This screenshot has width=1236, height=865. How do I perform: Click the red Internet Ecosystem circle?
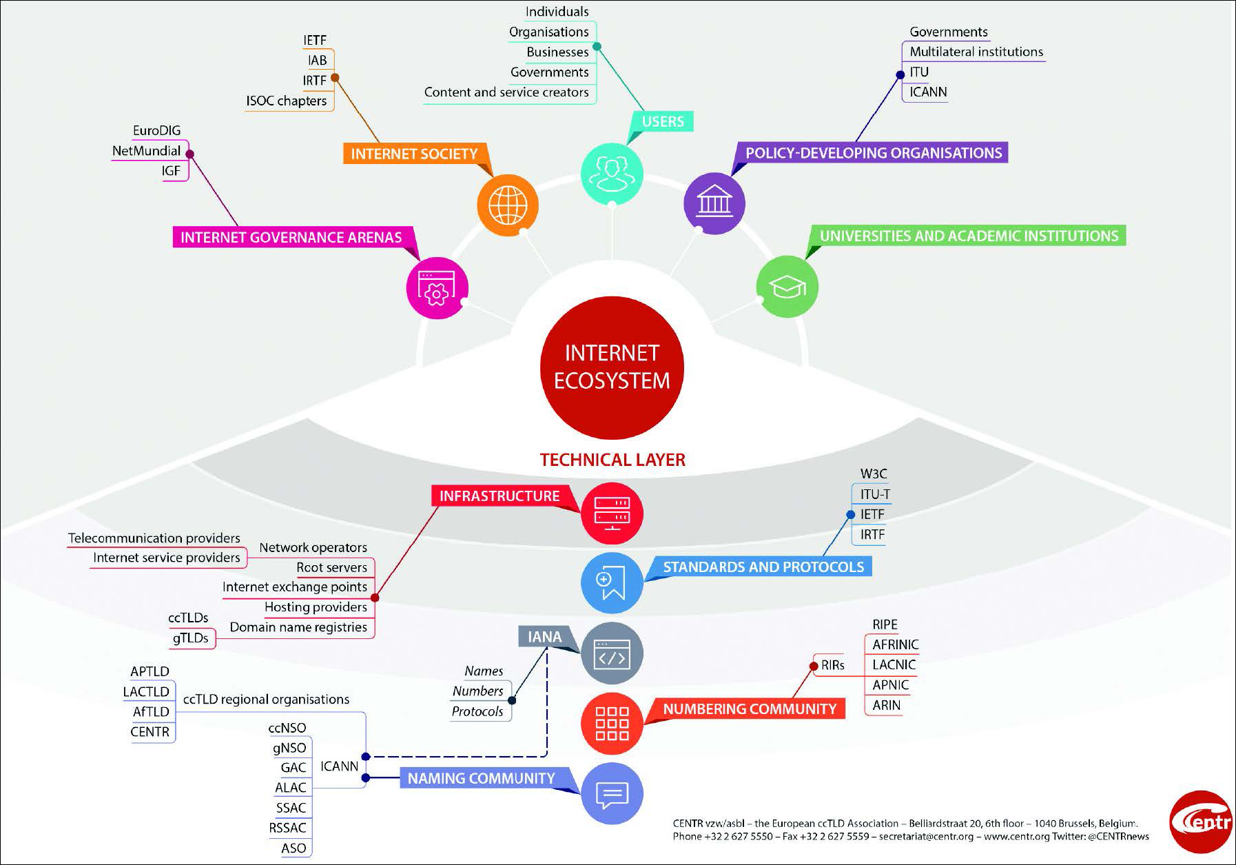pyautogui.click(x=612, y=367)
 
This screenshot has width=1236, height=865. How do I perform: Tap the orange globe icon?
pyautogui.click(x=508, y=205)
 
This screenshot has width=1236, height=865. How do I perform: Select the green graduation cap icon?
pyautogui.click(x=787, y=287)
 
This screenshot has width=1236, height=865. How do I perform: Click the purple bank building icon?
pyautogui.click(x=714, y=203)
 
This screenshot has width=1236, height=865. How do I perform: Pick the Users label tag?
pyautogui.click(x=663, y=121)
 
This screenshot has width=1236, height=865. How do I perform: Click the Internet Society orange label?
pyautogui.click(x=414, y=154)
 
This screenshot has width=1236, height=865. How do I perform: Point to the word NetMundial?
pyautogui.click(x=146, y=151)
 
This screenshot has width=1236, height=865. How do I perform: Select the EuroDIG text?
pyautogui.click(x=156, y=131)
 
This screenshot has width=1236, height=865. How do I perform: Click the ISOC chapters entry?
pyautogui.click(x=286, y=101)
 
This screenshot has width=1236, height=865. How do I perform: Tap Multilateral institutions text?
pyautogui.click(x=976, y=52)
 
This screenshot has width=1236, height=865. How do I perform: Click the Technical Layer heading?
pyautogui.click(x=612, y=460)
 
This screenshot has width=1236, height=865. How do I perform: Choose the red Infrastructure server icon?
pyautogui.click(x=612, y=513)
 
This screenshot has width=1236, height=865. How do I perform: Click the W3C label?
pyautogui.click(x=873, y=474)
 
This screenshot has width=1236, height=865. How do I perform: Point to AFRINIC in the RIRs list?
pyautogui.click(x=895, y=645)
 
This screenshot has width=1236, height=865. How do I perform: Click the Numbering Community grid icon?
pyautogui.click(x=612, y=724)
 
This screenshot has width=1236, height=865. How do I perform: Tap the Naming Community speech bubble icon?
pyautogui.click(x=612, y=794)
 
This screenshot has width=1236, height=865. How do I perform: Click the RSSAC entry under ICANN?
pyautogui.click(x=287, y=828)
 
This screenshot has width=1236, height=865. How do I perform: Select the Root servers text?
pyautogui.click(x=331, y=567)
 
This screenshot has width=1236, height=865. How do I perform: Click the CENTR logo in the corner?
pyautogui.click(x=1200, y=822)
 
